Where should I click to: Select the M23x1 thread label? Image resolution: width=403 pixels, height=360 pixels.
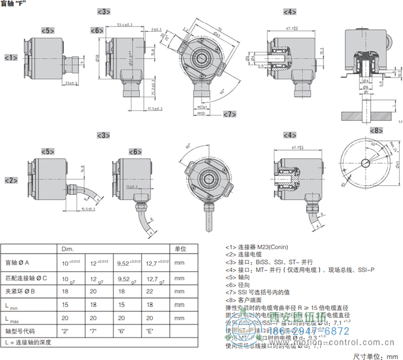tap(199, 108)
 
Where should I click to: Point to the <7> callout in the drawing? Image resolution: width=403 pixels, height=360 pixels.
tap(229, 114)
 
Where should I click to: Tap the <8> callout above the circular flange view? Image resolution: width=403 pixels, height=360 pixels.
tap(375, 131)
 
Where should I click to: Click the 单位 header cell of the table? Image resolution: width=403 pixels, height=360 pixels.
tap(180, 249)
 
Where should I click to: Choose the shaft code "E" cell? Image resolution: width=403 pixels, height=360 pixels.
tap(148, 331)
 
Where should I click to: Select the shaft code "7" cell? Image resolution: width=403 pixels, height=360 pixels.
tap(93, 331)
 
